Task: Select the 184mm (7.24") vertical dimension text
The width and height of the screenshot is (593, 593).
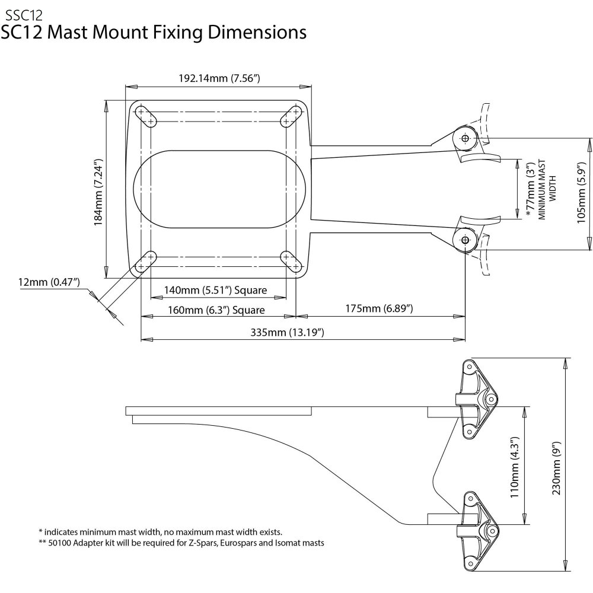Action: (x=98, y=191)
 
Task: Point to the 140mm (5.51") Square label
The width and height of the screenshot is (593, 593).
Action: (x=208, y=291)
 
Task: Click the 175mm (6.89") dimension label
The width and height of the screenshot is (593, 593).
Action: (x=380, y=309)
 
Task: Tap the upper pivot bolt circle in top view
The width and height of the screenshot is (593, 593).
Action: (x=464, y=138)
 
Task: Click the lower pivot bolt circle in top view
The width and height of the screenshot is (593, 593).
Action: (x=464, y=240)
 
